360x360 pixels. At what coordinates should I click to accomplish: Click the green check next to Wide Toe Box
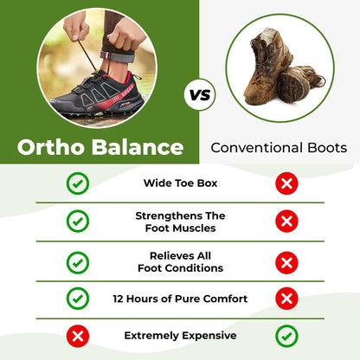(78, 183)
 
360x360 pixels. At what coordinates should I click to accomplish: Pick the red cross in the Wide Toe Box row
(286, 183)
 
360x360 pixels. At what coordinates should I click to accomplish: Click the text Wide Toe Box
(180, 183)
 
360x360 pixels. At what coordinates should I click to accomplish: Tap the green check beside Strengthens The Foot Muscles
(78, 222)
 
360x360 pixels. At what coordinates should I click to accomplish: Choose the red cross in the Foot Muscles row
(286, 222)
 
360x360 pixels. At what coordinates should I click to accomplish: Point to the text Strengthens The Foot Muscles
(180, 222)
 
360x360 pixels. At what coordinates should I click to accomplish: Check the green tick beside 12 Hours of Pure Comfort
(78, 299)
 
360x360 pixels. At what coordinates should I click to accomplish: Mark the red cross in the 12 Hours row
(286, 299)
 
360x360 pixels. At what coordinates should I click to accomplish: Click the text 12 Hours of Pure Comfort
(180, 299)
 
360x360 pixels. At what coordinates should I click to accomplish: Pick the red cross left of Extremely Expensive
(78, 335)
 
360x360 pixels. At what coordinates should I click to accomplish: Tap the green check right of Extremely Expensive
(286, 335)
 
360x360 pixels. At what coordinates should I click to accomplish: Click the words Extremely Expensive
(180, 335)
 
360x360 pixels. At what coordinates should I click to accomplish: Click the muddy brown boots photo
(280, 65)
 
